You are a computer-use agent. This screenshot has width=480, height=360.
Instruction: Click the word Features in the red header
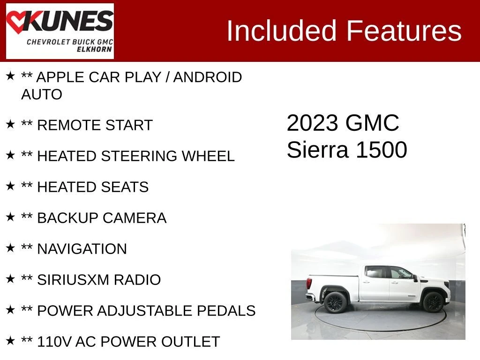[404, 30]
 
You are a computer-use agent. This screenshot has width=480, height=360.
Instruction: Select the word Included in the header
[281, 30]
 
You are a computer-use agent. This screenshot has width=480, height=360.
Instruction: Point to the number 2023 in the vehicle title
[312, 123]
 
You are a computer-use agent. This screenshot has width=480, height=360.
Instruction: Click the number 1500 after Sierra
[382, 150]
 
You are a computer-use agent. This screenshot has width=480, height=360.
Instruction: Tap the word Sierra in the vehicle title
[317, 150]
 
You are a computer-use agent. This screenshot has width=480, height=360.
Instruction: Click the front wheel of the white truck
[433, 302]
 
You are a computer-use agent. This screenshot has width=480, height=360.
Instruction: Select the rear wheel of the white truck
[335, 302]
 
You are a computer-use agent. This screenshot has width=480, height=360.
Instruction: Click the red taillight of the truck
[309, 283]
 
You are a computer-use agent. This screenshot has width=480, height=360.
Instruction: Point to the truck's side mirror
[415, 278]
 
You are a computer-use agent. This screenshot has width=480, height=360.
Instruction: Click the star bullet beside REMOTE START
[10, 124]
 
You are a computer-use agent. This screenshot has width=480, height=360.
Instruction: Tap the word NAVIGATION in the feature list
[82, 249]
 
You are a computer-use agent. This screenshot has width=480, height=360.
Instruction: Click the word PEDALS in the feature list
[226, 311]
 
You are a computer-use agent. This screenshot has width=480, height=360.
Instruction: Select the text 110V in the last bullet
[54, 342]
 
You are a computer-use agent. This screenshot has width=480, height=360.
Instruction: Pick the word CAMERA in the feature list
[135, 218]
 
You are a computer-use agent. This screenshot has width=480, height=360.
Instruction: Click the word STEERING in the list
[139, 156]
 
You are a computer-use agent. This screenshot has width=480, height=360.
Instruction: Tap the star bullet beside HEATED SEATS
[10, 186]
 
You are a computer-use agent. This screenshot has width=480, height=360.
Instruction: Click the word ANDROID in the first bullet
[208, 77]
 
